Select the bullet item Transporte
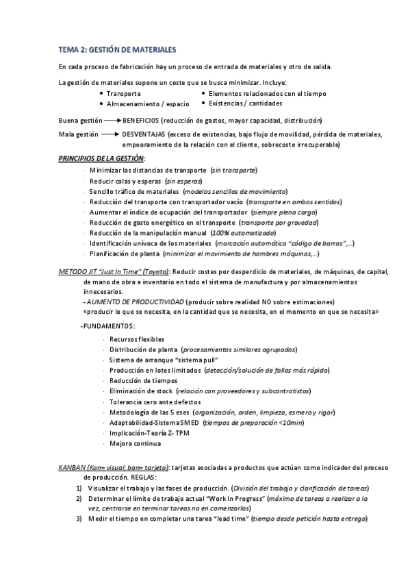click(x=124, y=93)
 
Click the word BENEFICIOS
click(x=142, y=120)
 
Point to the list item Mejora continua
click(x=131, y=443)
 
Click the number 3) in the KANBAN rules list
click(x=79, y=518)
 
